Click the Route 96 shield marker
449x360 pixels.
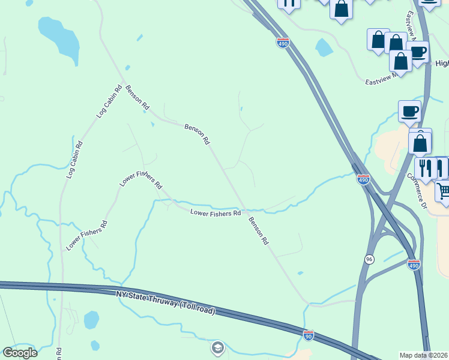click(x=369, y=259)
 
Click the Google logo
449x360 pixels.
click(x=20, y=352)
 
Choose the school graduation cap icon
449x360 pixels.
click(x=217, y=347)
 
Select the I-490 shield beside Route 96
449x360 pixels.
click(x=414, y=264)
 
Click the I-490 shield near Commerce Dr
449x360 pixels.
click(x=364, y=179)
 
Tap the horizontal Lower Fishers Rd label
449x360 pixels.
click(x=215, y=212)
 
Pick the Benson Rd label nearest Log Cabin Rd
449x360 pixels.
click(x=137, y=97)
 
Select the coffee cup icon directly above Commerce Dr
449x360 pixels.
click(x=410, y=110)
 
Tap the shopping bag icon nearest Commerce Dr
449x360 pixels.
click(x=420, y=143)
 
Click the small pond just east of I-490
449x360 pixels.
click(x=324, y=47)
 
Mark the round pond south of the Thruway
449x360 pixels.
click(x=91, y=319)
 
